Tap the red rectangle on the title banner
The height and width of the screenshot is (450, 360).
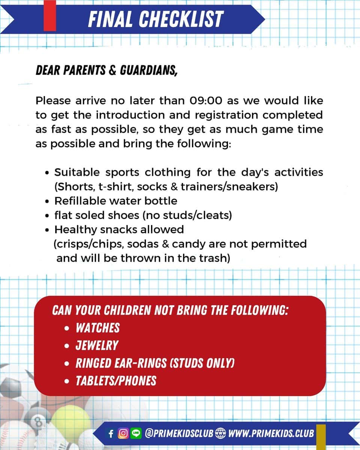click(50, 15)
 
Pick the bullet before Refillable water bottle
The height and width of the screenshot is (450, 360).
click(46, 201)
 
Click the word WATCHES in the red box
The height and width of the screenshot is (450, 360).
click(97, 328)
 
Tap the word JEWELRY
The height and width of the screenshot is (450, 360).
click(97, 345)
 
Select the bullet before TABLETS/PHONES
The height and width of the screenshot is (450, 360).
click(67, 381)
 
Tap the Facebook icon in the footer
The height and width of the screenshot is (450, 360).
click(111, 434)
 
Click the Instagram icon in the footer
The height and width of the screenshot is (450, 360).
click(122, 434)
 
